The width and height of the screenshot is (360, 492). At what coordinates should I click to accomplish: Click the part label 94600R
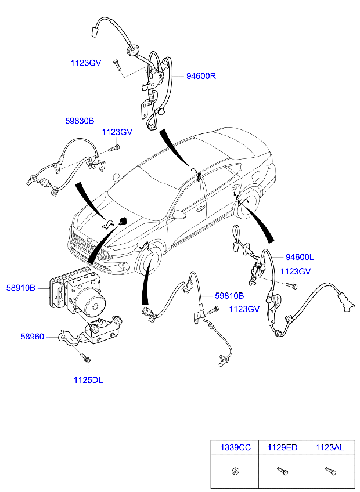tap(201, 76)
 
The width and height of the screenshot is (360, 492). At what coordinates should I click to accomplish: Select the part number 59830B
tap(80, 121)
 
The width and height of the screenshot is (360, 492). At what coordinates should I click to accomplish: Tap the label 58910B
tap(21, 288)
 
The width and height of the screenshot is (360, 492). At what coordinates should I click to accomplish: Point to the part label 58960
tap(33, 337)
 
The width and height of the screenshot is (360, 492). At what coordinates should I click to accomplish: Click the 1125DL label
tap(88, 380)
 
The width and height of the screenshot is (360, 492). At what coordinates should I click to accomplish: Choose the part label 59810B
tap(229, 296)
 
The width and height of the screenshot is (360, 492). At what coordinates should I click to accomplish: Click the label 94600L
tap(300, 257)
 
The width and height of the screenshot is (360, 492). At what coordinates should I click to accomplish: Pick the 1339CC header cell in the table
tap(236, 447)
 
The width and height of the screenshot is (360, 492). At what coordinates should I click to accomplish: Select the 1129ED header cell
tap(282, 447)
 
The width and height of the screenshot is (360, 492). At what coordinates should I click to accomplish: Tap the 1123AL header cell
tap(330, 447)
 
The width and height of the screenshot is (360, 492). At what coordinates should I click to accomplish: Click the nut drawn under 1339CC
tap(235, 471)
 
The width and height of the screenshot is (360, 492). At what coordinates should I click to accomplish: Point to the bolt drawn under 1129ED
tap(282, 471)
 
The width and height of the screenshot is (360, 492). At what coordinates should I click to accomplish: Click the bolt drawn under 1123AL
tap(330, 471)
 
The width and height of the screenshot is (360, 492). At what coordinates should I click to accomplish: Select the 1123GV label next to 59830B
tap(117, 132)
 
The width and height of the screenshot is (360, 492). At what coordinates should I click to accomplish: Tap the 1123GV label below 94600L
tap(296, 272)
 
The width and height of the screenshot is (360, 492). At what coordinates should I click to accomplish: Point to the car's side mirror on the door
tap(178, 214)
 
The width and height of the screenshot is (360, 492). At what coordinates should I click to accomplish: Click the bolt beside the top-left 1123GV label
tap(117, 64)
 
